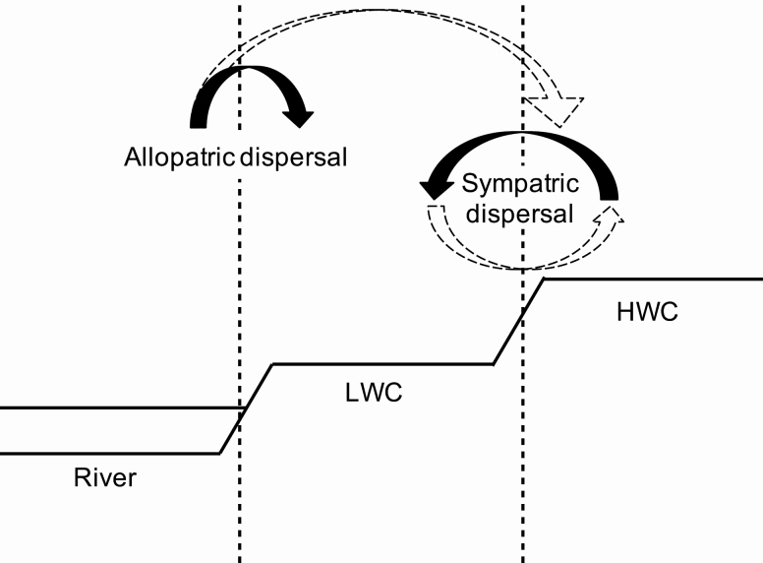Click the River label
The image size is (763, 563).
pyautogui.click(x=104, y=479)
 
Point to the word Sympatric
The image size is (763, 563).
pyautogui.click(x=521, y=184)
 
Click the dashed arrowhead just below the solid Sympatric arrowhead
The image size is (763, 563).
pyautogui.click(x=436, y=214)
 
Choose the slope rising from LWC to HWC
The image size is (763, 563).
pyautogui.click(x=518, y=322)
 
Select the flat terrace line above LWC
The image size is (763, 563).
pyautogui.click(x=383, y=364)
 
